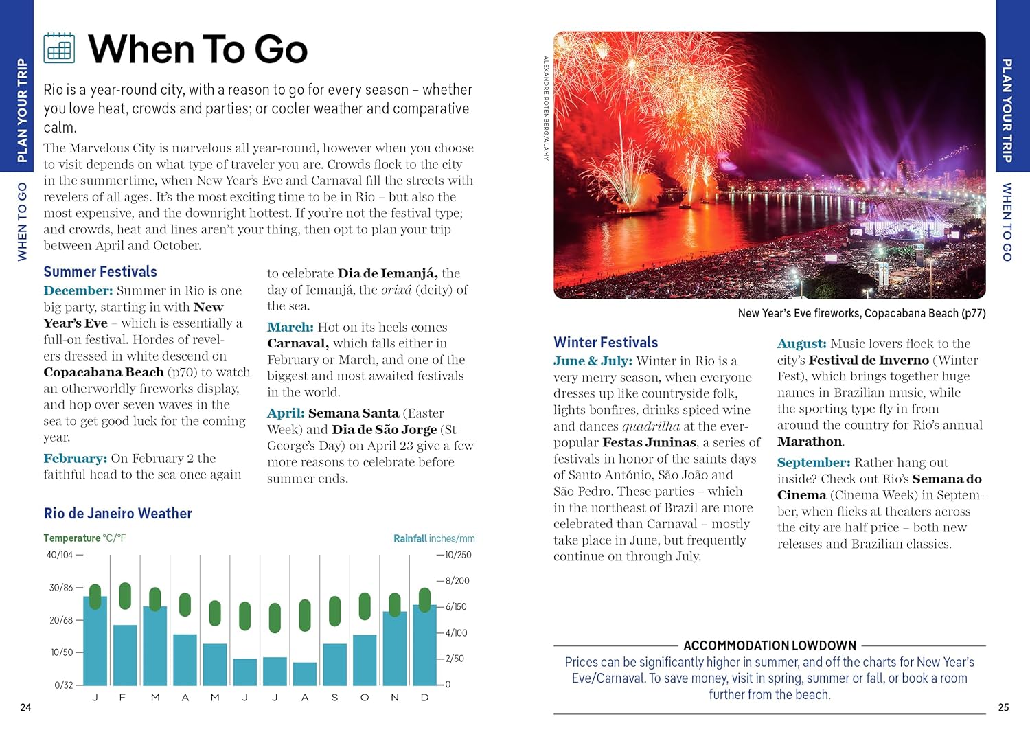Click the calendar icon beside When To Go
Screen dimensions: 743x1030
(x=59, y=49)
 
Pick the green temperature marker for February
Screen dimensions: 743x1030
(x=125, y=595)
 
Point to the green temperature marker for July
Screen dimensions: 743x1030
(x=275, y=617)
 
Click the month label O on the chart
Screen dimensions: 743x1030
(x=364, y=698)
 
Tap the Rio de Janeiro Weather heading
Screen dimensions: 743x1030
(x=117, y=514)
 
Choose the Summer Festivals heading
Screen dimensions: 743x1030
(x=100, y=272)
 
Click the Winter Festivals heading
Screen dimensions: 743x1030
(x=606, y=343)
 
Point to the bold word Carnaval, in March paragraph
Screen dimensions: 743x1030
(x=298, y=343)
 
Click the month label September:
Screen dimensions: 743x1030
(x=814, y=463)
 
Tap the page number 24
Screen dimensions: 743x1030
(x=25, y=707)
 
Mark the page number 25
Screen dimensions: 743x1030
(x=1003, y=707)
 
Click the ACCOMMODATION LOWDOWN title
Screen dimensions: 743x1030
(x=770, y=645)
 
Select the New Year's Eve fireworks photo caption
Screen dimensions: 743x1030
(x=861, y=313)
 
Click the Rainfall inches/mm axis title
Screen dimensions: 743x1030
(x=434, y=538)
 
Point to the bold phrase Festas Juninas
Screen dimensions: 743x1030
(x=650, y=442)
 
